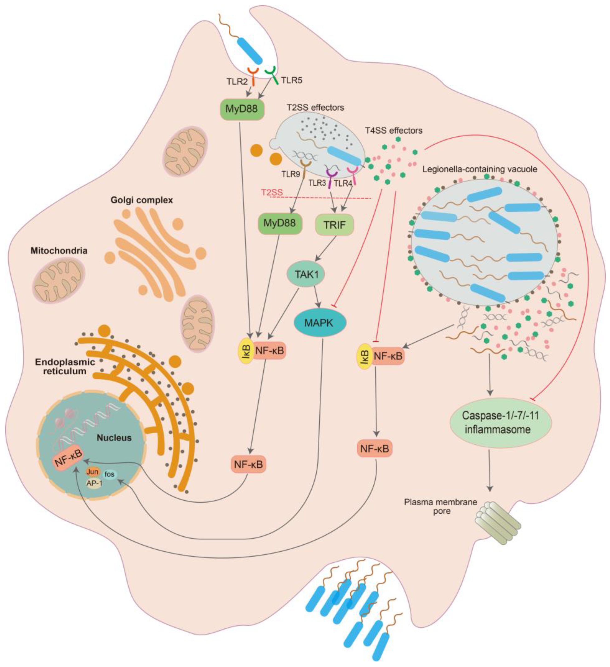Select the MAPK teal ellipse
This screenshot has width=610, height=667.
click(x=320, y=323)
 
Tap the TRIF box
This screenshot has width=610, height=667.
click(x=335, y=225)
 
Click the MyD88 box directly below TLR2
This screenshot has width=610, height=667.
click(x=242, y=109)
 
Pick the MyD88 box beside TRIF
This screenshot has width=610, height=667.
click(x=279, y=223)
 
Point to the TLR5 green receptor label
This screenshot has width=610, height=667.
click(x=292, y=80)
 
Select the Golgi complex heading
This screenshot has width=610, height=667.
click(x=142, y=200)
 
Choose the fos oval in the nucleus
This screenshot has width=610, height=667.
click(x=109, y=474)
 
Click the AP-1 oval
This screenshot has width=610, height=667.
click(x=94, y=483)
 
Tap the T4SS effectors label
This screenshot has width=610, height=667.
click(x=394, y=131)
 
